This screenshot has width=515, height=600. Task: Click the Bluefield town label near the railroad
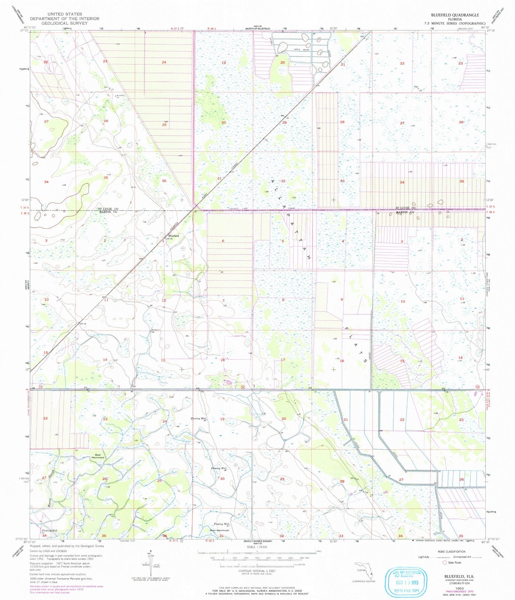point(174,235)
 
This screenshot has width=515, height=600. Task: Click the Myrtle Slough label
point(52,487)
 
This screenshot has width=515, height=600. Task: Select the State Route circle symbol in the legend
point(445,562)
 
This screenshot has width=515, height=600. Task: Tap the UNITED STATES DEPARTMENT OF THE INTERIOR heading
point(65,18)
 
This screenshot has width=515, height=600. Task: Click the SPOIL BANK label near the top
point(297,49)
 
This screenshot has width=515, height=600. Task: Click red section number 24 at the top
point(164,62)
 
